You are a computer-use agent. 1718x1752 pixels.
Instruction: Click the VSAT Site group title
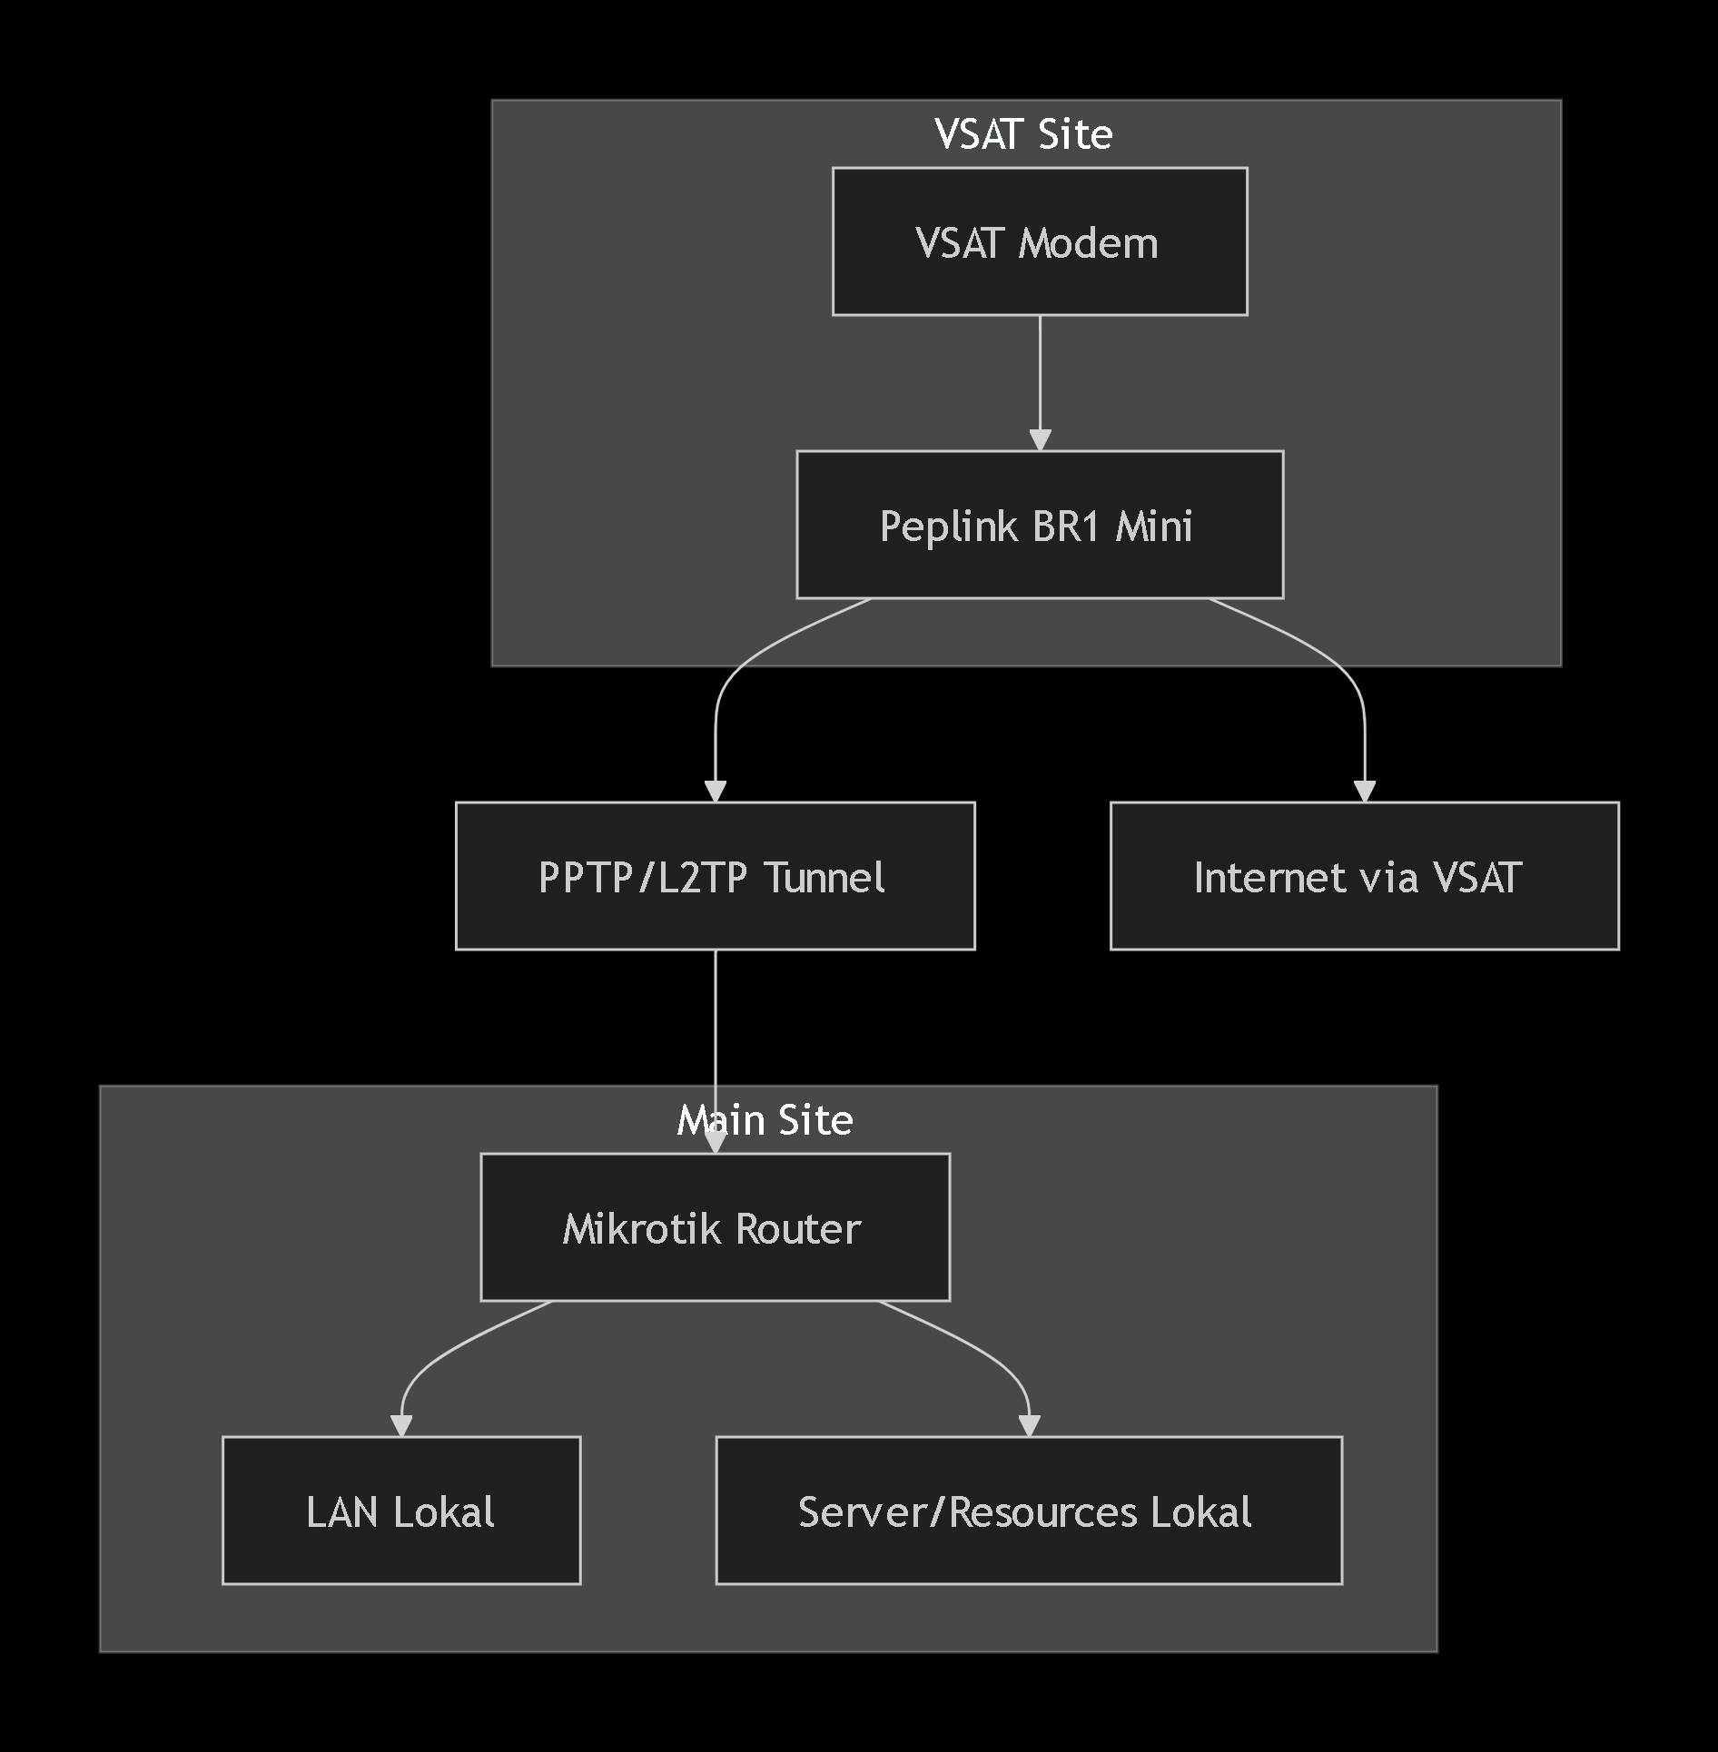[x=1023, y=134]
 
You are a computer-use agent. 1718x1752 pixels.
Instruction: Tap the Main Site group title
[x=765, y=1120]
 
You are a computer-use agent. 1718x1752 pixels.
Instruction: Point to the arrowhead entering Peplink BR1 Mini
[x=1040, y=439]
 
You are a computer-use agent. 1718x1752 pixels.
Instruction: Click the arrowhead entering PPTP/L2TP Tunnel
[x=716, y=791]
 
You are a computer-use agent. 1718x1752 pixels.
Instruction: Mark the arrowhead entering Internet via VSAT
[x=1364, y=791]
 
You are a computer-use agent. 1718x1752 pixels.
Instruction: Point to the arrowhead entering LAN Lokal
[x=401, y=1425]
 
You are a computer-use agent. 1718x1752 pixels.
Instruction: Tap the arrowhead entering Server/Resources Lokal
[x=1029, y=1425]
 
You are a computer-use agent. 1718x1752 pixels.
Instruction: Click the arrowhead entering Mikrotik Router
[x=716, y=1142]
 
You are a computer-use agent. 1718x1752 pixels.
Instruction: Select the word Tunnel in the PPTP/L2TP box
[x=824, y=878]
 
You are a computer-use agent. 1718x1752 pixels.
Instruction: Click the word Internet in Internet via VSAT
[x=1269, y=878]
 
